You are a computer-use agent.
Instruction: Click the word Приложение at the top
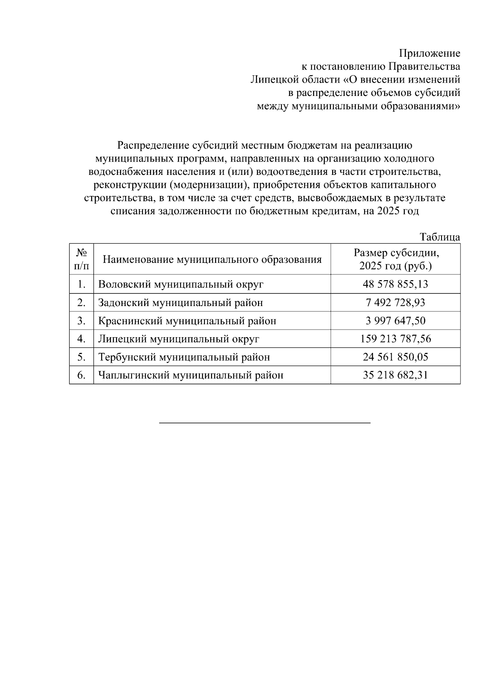pyautogui.click(x=429, y=53)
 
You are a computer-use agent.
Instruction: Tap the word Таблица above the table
pyautogui.click(x=439, y=237)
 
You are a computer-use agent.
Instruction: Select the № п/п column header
pyautogui.click(x=81, y=259)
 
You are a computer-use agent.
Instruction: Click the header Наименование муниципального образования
pyautogui.click(x=212, y=259)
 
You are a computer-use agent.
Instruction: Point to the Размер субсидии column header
pyautogui.click(x=395, y=259)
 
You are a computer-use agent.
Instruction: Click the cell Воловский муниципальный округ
pyautogui.click(x=181, y=284)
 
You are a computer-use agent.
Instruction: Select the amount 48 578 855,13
pyautogui.click(x=395, y=284)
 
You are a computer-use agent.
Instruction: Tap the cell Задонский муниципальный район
pyautogui.click(x=180, y=302)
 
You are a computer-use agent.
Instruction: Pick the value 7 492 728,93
pyautogui.click(x=395, y=302)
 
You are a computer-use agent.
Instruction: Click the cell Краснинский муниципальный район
pyautogui.click(x=187, y=321)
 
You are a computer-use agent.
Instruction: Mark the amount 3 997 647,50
pyautogui.click(x=395, y=321)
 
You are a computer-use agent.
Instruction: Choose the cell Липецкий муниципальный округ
pyautogui.click(x=178, y=339)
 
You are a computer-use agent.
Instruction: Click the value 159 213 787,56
pyautogui.click(x=395, y=339)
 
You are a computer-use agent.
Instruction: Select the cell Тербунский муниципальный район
pyautogui.click(x=184, y=357)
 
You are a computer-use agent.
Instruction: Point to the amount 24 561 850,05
pyautogui.click(x=395, y=357)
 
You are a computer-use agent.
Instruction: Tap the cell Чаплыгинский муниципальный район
pyautogui.click(x=191, y=375)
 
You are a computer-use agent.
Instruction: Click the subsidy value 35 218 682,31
pyautogui.click(x=395, y=375)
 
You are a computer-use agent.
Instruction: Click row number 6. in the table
pyautogui.click(x=81, y=375)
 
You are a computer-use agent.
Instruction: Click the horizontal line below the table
pyautogui.click(x=265, y=423)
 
